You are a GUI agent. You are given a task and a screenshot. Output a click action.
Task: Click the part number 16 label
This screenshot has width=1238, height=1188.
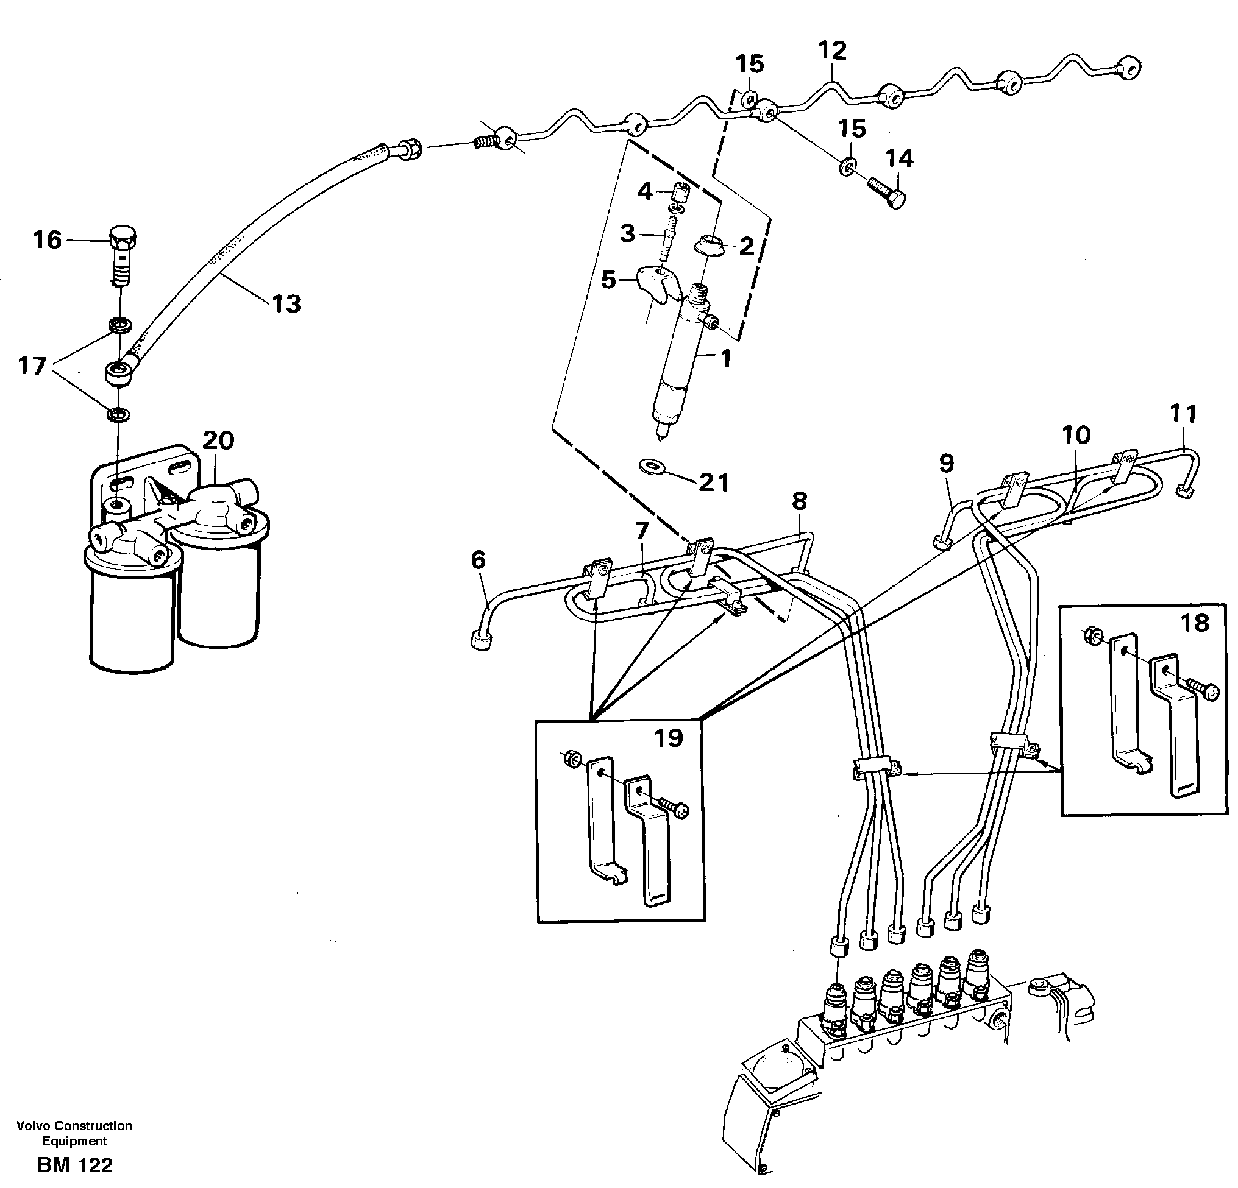[48, 241]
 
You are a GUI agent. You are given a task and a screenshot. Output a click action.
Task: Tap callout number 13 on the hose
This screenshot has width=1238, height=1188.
[286, 304]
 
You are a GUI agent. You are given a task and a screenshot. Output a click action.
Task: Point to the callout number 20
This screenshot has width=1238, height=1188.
[218, 440]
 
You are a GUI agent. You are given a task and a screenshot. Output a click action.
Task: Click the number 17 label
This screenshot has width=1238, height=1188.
[32, 366]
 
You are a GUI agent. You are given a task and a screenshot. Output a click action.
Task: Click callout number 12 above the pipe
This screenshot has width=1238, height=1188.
[832, 51]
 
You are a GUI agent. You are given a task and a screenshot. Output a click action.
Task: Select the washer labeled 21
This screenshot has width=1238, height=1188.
[649, 467]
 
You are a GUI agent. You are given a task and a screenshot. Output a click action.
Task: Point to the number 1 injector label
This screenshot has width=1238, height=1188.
[726, 359]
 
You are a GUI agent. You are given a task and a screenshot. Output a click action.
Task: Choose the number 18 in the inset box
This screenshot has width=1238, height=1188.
[1195, 623]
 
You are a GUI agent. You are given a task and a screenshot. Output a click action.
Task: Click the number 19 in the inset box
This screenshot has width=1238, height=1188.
[668, 737]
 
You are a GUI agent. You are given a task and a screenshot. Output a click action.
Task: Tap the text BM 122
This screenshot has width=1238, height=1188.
[74, 1165]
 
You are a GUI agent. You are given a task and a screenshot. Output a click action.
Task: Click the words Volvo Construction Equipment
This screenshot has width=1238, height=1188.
[74, 1133]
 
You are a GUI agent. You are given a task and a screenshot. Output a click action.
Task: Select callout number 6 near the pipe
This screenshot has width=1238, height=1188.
[478, 559]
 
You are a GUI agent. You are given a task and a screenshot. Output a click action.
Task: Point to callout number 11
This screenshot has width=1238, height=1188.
[1183, 414]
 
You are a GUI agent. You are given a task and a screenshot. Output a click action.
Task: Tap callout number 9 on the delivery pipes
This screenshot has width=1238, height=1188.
[945, 464]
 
